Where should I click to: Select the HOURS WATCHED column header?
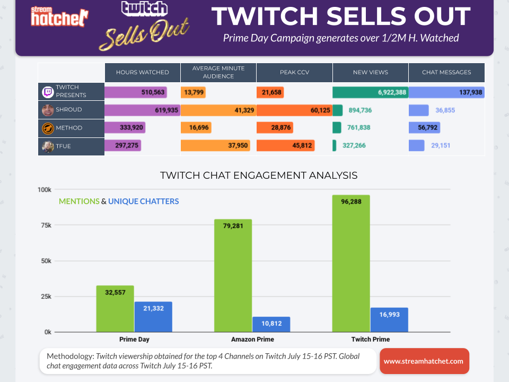tap(142, 72)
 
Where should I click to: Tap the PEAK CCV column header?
tap(294, 72)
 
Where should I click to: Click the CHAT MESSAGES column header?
tap(446, 72)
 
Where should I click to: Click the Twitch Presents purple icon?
tap(48, 92)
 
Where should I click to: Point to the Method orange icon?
tap(48, 128)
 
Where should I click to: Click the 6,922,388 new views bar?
tap(370, 92)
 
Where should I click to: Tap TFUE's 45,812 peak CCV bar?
tap(286, 145)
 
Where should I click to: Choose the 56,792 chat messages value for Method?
tap(424, 128)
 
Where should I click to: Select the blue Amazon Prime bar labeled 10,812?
tap(271, 325)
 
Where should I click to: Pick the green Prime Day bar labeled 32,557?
tap(115, 309)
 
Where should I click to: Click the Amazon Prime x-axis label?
tap(252, 340)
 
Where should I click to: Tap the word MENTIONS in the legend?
tap(79, 202)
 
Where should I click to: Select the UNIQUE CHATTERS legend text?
tap(144, 202)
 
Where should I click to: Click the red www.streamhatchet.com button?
tap(424, 361)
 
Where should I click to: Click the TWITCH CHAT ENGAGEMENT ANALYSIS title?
tap(258, 175)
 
